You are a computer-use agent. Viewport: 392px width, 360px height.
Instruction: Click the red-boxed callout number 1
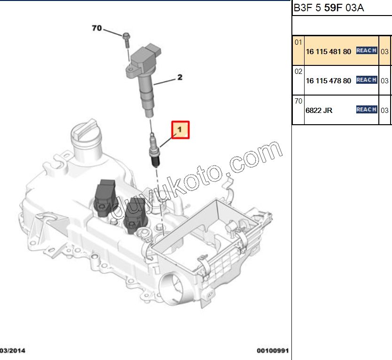180,130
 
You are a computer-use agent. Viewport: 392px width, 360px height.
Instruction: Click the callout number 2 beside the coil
179,78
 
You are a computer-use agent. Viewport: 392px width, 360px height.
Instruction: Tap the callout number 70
96,29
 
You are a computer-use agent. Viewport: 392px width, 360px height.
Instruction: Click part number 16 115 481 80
328,51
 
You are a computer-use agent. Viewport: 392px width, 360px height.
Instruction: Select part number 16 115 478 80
328,80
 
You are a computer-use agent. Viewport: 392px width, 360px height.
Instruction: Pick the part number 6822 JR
319,110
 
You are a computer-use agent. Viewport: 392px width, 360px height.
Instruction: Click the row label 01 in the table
298,42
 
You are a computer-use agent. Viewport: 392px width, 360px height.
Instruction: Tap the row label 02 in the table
298,72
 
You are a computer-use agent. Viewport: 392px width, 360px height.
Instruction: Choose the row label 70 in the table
298,101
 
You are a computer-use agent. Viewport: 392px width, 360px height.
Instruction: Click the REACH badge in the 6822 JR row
367,110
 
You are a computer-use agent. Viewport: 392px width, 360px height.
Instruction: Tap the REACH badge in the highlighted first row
367,51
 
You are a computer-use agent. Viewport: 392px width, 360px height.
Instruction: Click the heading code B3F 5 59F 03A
329,8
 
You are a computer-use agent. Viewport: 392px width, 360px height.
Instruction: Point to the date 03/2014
13,351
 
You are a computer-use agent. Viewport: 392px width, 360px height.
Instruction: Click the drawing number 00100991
273,351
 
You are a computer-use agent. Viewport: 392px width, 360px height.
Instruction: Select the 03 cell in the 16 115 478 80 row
384,80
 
